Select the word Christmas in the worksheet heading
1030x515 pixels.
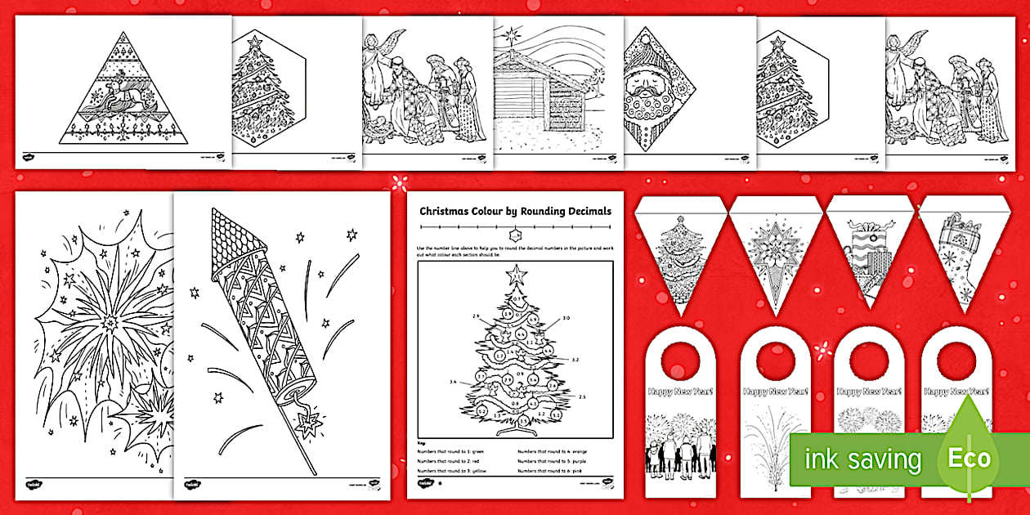pyautogui.click(x=446, y=211)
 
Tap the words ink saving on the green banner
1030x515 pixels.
pyautogui.click(x=862, y=459)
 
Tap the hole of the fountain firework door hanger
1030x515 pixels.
pyautogui.click(x=773, y=357)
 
